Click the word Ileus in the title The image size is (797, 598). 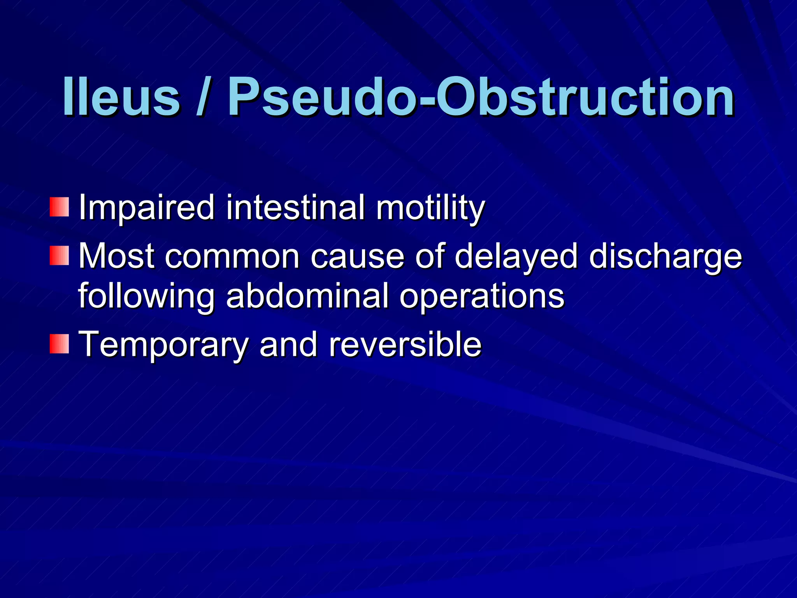121,97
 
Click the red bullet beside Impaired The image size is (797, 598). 59,207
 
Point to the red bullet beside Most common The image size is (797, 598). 59,256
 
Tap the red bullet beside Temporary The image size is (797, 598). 59,344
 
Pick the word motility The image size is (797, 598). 430,208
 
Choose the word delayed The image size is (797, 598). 516,257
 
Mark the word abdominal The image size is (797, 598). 307,296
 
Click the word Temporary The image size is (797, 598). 163,345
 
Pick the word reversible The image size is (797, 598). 405,344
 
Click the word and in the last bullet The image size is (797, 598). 288,344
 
